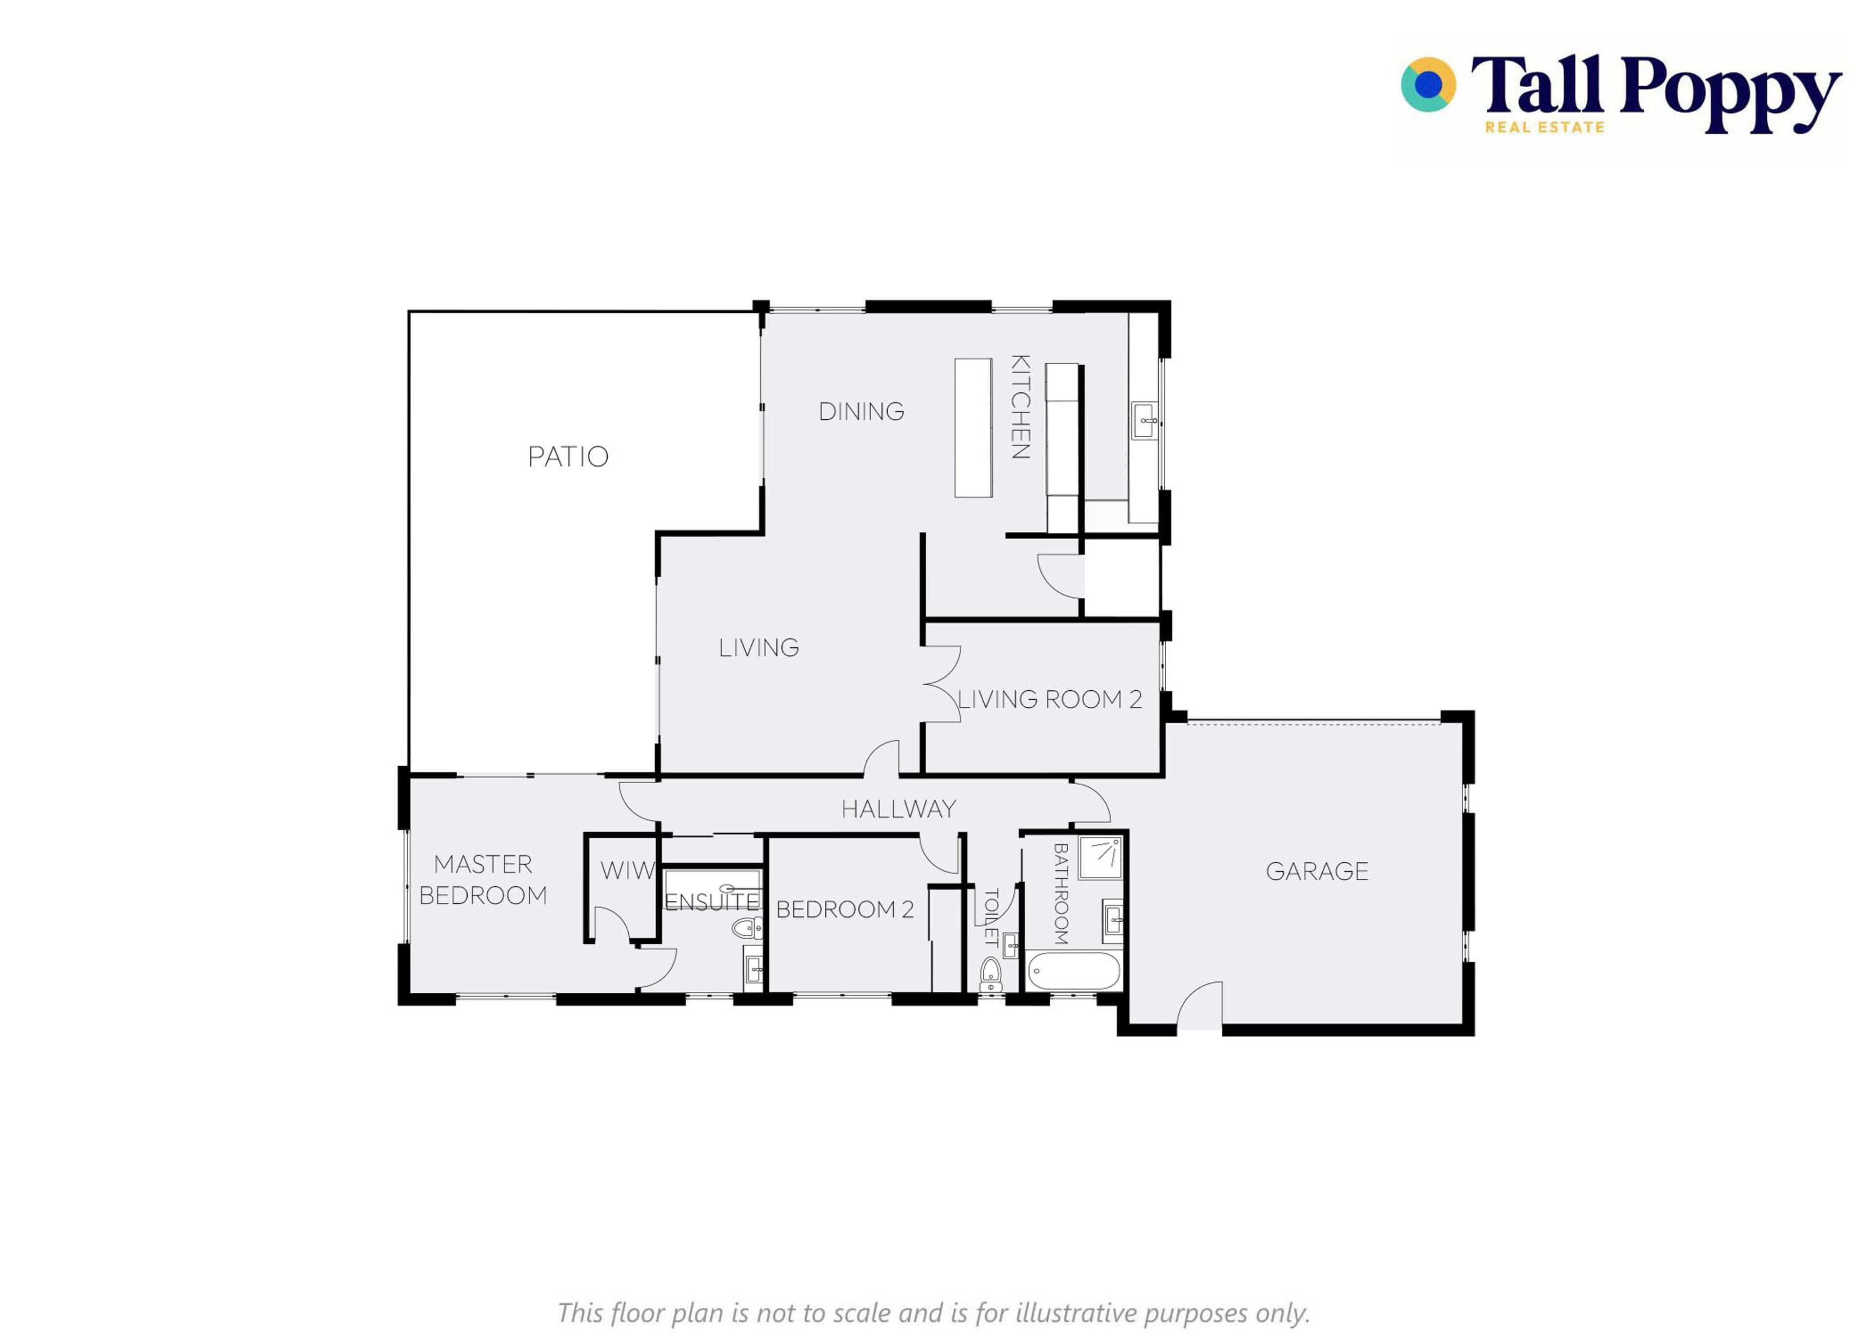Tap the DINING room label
(861, 411)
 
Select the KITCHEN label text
(1020, 406)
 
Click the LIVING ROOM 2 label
(1049, 699)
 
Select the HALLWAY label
(898, 809)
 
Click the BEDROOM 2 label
(845, 909)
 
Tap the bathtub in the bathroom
(1073, 971)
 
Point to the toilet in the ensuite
(747, 929)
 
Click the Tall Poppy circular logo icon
(1428, 84)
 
